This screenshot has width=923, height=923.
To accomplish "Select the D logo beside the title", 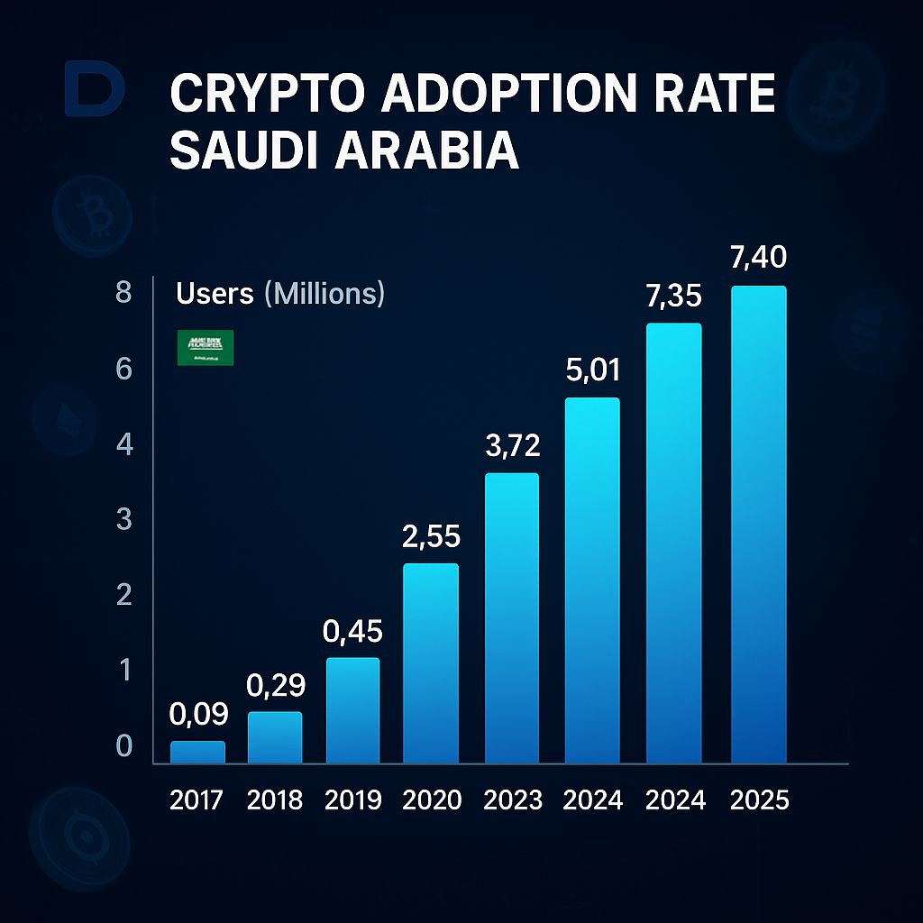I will click(x=95, y=90).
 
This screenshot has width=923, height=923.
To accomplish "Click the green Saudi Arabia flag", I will click(x=206, y=347).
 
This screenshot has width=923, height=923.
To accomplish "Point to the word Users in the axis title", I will click(x=216, y=293).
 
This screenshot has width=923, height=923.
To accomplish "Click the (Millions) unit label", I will click(x=324, y=293).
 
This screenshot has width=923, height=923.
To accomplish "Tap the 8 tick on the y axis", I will click(x=123, y=293).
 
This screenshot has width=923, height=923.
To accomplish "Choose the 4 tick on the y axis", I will click(x=123, y=444).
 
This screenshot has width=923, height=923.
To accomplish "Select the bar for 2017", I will click(x=197, y=753).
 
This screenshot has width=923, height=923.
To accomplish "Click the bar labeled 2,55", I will click(x=431, y=663).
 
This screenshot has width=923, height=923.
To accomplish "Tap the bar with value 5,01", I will click(x=592, y=580).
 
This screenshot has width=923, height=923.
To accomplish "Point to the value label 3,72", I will click(x=512, y=447).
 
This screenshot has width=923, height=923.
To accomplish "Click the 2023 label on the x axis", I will click(x=512, y=800).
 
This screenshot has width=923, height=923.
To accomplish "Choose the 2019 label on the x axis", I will click(x=352, y=800).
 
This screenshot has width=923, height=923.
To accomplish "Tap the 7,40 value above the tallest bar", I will click(x=759, y=258).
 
